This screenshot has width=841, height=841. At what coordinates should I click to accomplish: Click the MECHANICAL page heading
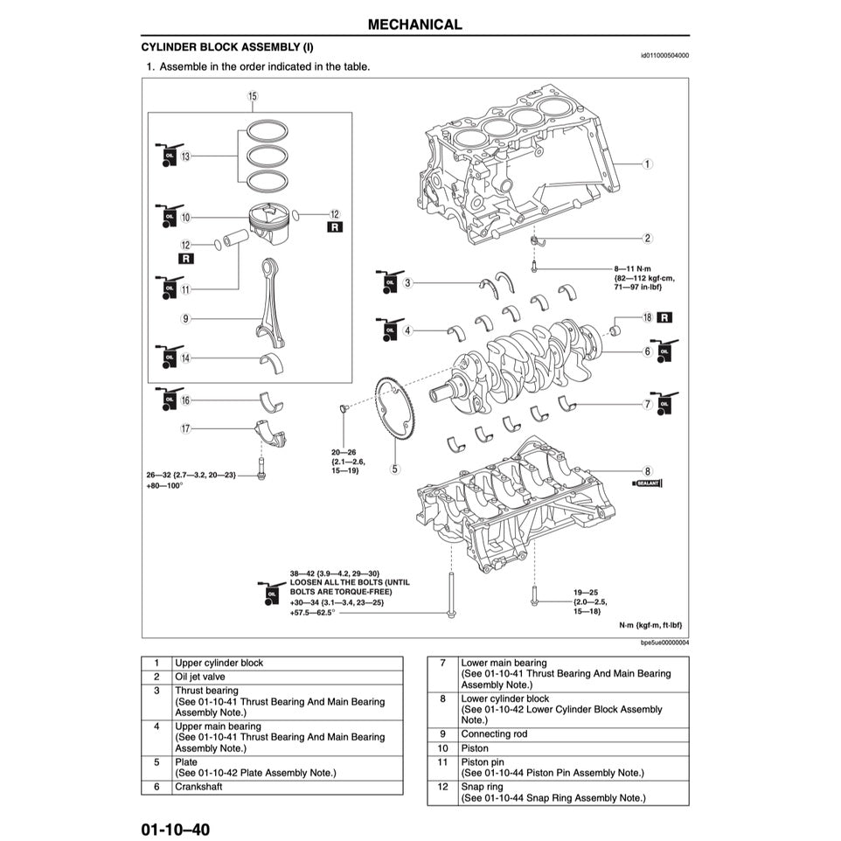[x=414, y=24]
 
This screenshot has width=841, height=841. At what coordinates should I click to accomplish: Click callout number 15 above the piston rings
[x=253, y=96]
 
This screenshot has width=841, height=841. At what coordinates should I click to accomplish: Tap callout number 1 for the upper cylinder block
[x=647, y=163]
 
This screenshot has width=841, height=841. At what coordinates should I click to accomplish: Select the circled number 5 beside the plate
[x=395, y=469]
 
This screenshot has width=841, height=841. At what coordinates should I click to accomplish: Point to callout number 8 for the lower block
[x=647, y=470]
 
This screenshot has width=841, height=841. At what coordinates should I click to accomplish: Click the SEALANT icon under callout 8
[x=648, y=483]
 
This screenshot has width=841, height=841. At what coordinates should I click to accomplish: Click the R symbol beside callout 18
[x=665, y=317]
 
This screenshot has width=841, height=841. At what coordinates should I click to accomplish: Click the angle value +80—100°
[x=164, y=485]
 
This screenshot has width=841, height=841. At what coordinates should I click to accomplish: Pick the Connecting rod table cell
[x=494, y=734]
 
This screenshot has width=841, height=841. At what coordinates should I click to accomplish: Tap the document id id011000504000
[x=664, y=54]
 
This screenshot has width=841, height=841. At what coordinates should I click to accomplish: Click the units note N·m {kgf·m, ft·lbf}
[x=650, y=626]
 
